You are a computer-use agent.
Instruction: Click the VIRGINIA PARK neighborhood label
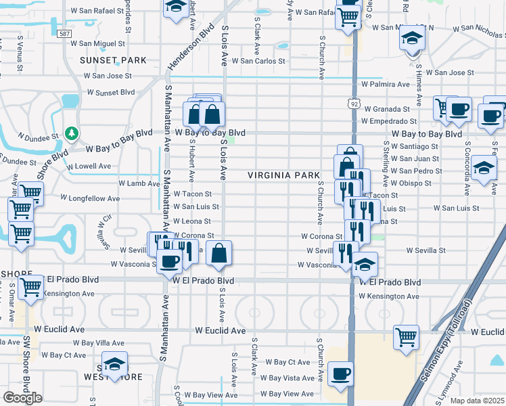[x=283, y=175]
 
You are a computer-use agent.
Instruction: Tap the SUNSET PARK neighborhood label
[x=113, y=60]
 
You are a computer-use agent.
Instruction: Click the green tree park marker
[x=71, y=133]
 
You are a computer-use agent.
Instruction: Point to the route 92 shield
[x=354, y=104]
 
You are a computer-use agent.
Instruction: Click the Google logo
[x=22, y=398]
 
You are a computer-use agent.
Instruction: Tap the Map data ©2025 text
[x=478, y=401]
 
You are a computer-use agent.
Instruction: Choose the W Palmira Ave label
[x=386, y=85]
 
